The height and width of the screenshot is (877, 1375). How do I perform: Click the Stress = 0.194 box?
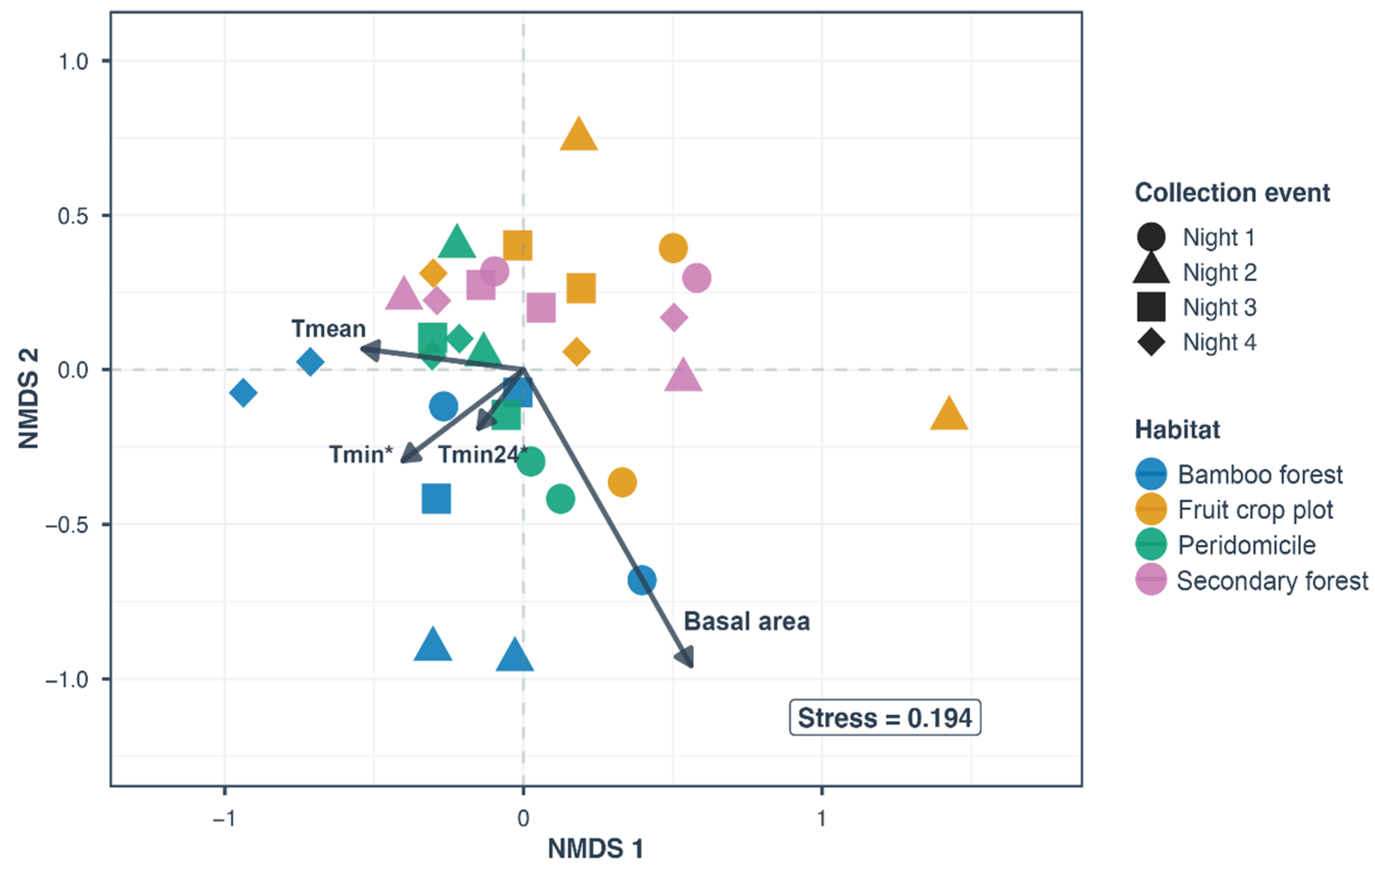(885, 717)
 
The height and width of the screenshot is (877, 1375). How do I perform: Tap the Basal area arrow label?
(747, 622)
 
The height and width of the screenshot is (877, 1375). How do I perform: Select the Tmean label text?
(328, 329)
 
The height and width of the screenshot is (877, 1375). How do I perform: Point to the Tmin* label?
(361, 455)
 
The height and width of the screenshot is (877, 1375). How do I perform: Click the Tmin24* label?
(483, 455)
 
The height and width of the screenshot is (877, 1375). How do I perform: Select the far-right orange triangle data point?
(949, 413)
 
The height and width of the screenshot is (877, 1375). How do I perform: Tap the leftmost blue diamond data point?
(243, 392)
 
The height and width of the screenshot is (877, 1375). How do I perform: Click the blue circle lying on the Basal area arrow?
(642, 580)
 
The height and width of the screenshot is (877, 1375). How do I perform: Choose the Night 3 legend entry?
(1196, 308)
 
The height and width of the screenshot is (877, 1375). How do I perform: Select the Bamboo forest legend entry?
(1239, 474)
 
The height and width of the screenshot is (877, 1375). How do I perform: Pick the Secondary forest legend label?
(1273, 581)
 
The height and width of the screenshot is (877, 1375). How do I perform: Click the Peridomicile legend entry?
(1226, 544)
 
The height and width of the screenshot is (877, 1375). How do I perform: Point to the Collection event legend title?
(1232, 193)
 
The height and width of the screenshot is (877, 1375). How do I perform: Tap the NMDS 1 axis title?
(596, 849)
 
